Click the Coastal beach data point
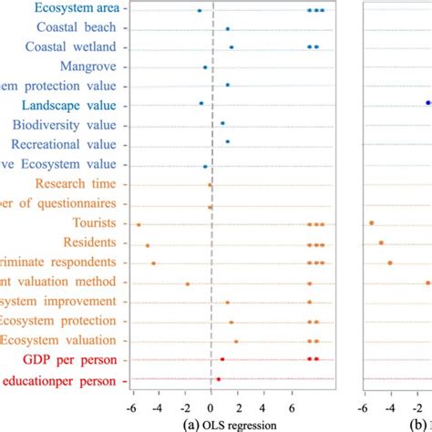pos(227,29)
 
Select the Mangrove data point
pos(205,67)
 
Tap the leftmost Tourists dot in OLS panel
pos(139,224)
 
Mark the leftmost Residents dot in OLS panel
pos(148,244)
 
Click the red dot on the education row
pos(218,379)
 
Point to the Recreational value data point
pos(227,141)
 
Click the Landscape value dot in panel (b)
pos(428,103)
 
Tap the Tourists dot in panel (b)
pos(372,223)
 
